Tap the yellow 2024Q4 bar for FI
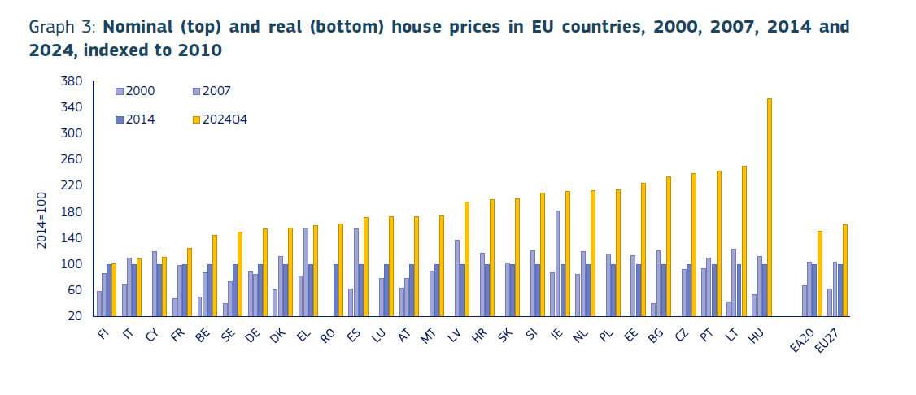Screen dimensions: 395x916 [x=113, y=289]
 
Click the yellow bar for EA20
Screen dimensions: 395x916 [x=819, y=273]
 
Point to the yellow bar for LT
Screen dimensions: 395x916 [x=744, y=241]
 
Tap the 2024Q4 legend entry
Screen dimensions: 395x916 [x=224, y=119]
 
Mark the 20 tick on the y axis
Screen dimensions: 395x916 [x=75, y=316]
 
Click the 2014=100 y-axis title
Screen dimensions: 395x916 [x=41, y=219]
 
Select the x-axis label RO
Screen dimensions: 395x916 [x=328, y=336]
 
